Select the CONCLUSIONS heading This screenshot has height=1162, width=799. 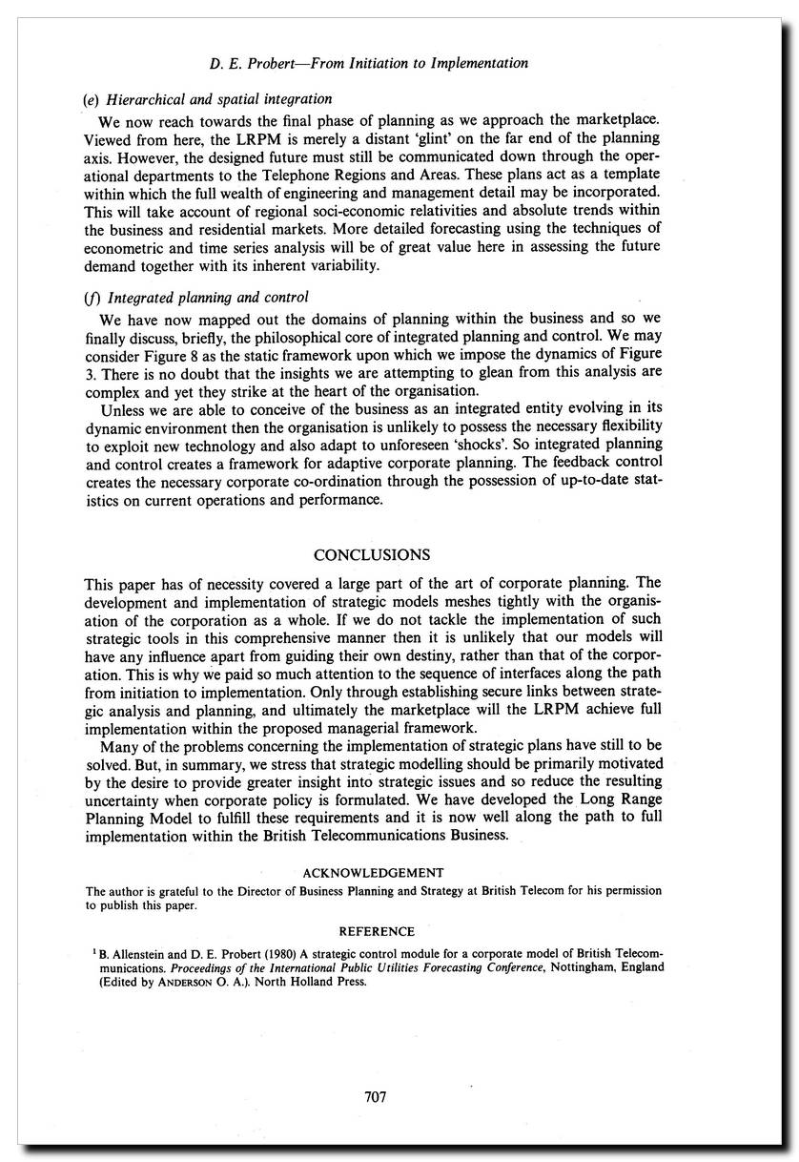pos(372,554)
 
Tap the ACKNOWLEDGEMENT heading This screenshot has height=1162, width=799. pos(373,872)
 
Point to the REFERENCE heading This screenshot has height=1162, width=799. pos(378,931)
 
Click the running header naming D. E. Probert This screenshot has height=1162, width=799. pos(368,63)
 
